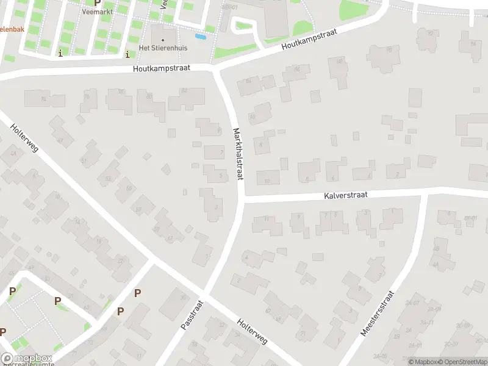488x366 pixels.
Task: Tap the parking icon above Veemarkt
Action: [97, 2]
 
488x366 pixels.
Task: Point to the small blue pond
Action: [201, 37]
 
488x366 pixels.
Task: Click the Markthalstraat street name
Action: [237, 153]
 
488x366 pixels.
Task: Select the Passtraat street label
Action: [191, 314]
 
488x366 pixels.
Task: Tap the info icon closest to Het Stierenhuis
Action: [127, 54]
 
